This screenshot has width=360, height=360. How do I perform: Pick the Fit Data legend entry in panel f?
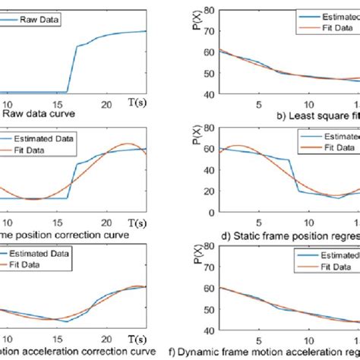(334, 267)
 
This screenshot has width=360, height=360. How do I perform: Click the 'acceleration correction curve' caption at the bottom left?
(68, 352)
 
